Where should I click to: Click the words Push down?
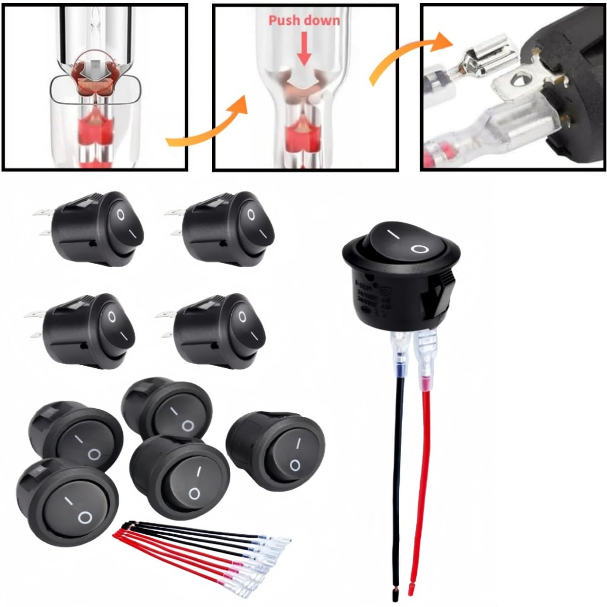[x=304, y=20]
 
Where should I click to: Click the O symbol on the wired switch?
[x=419, y=248]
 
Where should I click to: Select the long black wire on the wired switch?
[x=396, y=465]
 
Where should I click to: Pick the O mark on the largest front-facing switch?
[x=84, y=517]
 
